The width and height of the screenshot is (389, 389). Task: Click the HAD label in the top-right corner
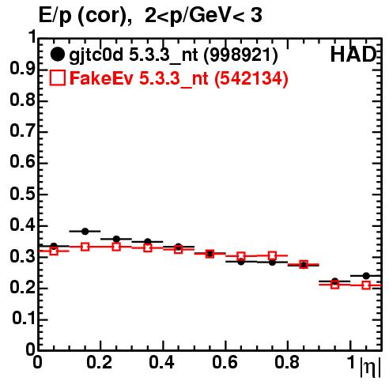pyautogui.click(x=353, y=55)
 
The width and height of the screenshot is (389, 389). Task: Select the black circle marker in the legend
pyautogui.click(x=57, y=55)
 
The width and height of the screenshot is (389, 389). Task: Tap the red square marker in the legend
pyautogui.click(x=57, y=77)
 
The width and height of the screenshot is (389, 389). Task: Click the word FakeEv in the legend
pyautogui.click(x=101, y=78)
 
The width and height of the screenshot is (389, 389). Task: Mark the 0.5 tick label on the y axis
pyautogui.click(x=22, y=194)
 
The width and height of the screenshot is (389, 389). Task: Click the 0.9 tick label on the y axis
pyautogui.click(x=22, y=69)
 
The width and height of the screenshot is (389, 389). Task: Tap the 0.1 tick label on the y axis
pyautogui.click(x=23, y=319)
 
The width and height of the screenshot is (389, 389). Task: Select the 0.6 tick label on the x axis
pyautogui.click(x=225, y=362)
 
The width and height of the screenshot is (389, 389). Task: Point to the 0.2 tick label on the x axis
pyautogui.click(x=100, y=362)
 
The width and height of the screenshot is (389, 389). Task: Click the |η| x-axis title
pyautogui.click(x=371, y=367)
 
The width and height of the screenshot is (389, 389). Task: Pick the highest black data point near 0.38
pyautogui.click(x=85, y=232)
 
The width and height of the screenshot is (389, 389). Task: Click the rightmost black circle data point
pyautogui.click(x=366, y=276)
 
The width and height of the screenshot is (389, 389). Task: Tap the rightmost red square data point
pyautogui.click(x=366, y=285)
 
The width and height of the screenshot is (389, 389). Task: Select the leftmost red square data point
pyautogui.click(x=54, y=251)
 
